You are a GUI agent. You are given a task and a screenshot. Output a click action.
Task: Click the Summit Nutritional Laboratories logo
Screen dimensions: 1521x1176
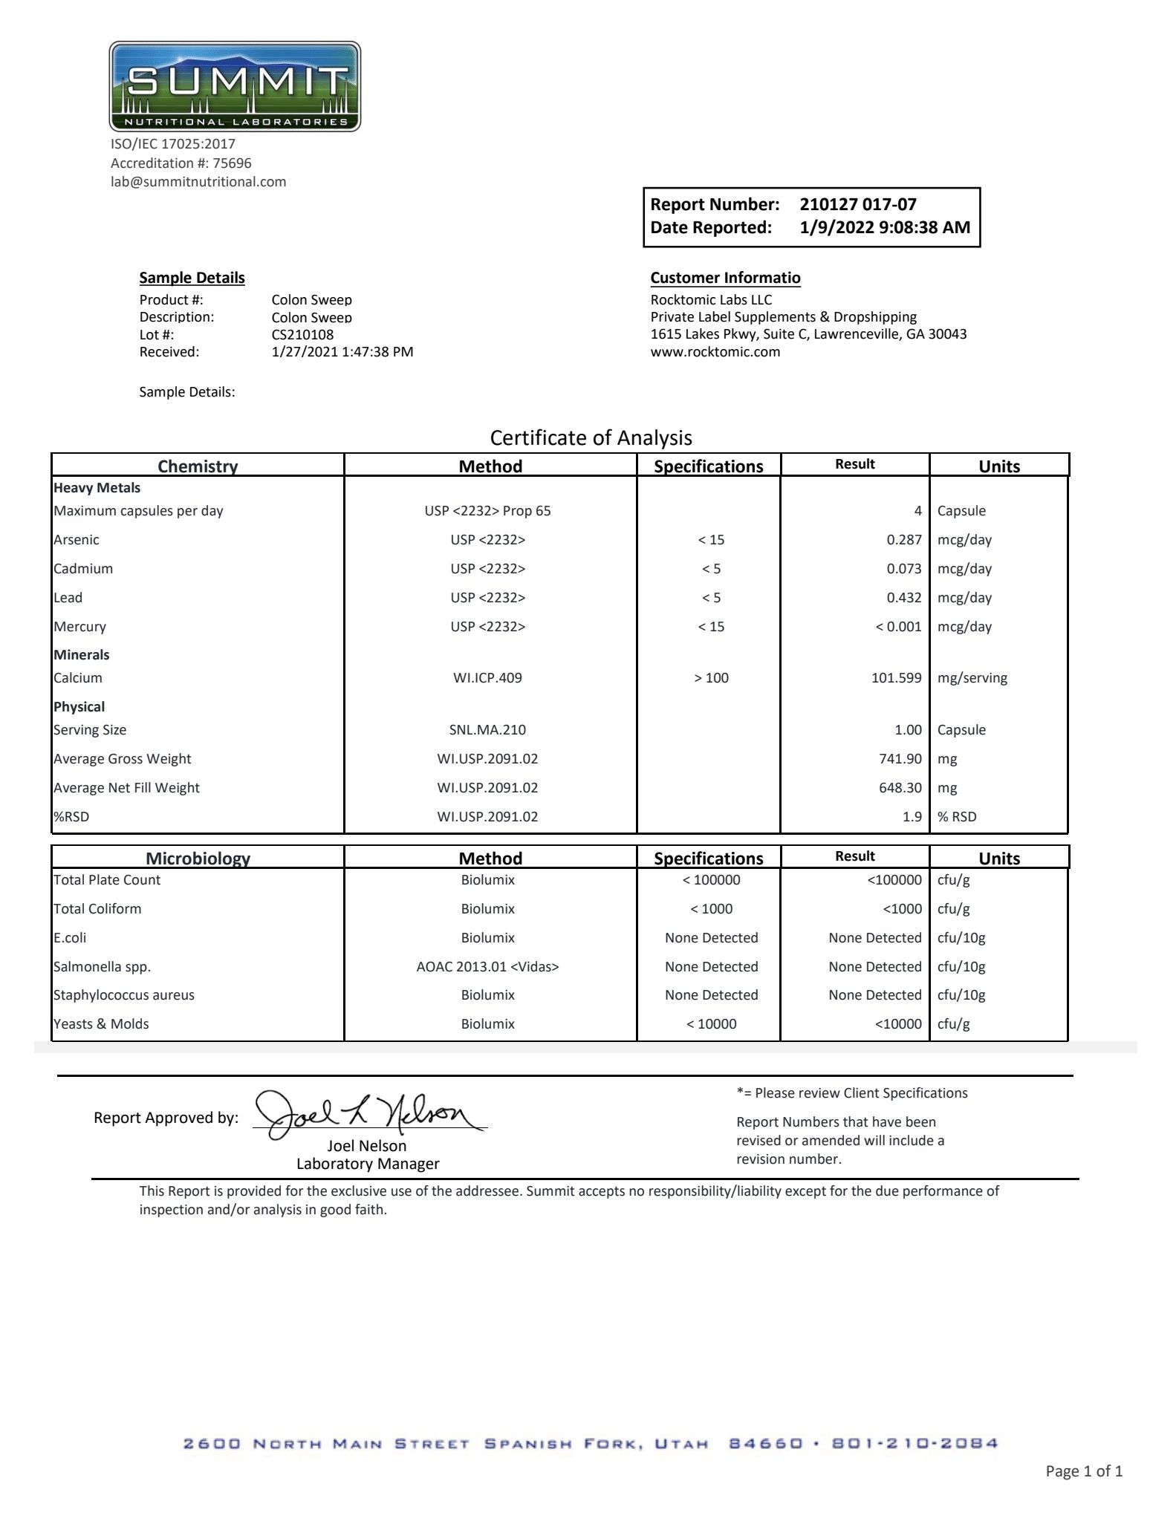click(235, 87)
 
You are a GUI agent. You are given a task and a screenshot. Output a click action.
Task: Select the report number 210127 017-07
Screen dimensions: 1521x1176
click(858, 204)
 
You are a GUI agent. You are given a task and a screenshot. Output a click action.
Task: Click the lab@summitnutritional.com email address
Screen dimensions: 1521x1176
click(198, 182)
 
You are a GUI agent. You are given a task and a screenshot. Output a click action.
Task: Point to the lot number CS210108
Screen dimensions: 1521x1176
click(302, 335)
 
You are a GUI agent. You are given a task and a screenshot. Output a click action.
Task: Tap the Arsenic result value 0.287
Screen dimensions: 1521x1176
click(903, 540)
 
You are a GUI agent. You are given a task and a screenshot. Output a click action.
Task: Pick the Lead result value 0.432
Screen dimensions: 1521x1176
click(903, 598)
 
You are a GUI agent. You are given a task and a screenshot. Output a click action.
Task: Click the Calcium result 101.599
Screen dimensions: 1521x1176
click(896, 678)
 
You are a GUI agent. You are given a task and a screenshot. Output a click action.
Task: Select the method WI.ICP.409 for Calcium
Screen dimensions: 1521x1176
click(487, 678)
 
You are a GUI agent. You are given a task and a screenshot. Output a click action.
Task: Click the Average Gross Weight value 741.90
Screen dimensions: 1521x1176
click(900, 759)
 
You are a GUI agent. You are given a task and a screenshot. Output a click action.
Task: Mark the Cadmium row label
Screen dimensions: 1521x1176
click(83, 569)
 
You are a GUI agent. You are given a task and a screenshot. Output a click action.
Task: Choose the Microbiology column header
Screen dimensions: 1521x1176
click(198, 859)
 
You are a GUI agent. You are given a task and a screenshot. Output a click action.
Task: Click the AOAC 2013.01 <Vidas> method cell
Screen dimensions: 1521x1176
click(487, 967)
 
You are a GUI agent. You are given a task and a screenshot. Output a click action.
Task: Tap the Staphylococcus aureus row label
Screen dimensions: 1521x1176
click(124, 995)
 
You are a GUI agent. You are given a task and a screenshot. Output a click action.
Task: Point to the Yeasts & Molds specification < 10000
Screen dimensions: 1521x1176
click(711, 1024)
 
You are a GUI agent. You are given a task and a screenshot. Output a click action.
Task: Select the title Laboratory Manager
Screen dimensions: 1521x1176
click(368, 1164)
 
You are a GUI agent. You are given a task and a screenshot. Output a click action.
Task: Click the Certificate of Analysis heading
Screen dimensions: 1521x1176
click(591, 438)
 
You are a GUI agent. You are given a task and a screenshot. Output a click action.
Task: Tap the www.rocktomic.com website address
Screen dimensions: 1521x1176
click(715, 352)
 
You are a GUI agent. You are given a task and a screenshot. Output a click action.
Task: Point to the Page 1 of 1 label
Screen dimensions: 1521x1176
click(1083, 1471)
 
